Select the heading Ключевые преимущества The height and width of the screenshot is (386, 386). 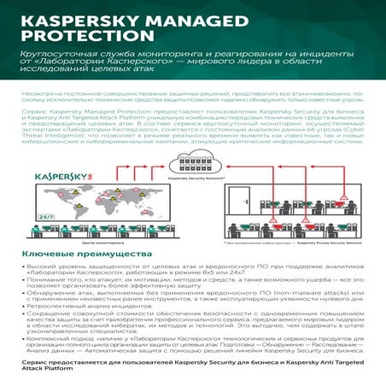(75, 254)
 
